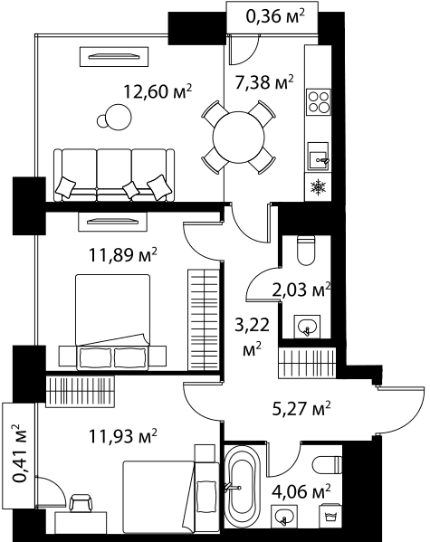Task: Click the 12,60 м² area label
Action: [158, 92]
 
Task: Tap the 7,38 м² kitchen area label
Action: [264, 82]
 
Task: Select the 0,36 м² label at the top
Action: [275, 16]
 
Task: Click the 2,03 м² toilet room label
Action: [301, 290]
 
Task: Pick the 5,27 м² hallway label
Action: [301, 409]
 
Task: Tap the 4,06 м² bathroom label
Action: [301, 491]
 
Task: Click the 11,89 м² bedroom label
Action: [123, 255]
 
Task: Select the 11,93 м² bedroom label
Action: [123, 436]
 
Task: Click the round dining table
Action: [239, 138]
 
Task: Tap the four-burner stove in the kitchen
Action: [319, 102]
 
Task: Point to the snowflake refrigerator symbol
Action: [318, 187]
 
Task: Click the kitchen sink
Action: [319, 157]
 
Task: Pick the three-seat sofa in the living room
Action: [114, 175]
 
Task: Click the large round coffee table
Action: [119, 117]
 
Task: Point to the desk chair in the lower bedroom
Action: [81, 502]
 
